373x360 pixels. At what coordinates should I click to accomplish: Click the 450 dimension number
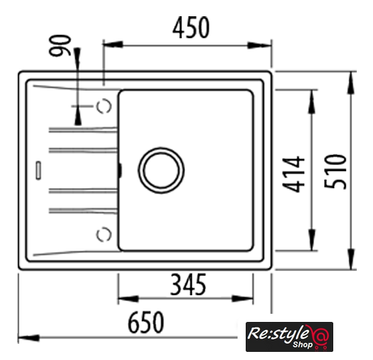click(191, 28)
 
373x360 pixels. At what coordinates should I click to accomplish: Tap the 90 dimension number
click(60, 45)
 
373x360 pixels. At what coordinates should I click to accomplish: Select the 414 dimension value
click(294, 174)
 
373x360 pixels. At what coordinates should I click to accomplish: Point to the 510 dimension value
click(335, 171)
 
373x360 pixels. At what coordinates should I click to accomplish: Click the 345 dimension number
click(188, 285)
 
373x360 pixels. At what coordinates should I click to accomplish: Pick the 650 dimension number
click(146, 322)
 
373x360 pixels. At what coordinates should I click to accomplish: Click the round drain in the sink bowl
click(161, 170)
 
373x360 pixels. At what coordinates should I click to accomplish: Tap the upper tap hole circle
click(104, 106)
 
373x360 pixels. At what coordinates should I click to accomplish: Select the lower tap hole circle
click(104, 234)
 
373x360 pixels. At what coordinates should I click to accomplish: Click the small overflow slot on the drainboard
click(38, 170)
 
